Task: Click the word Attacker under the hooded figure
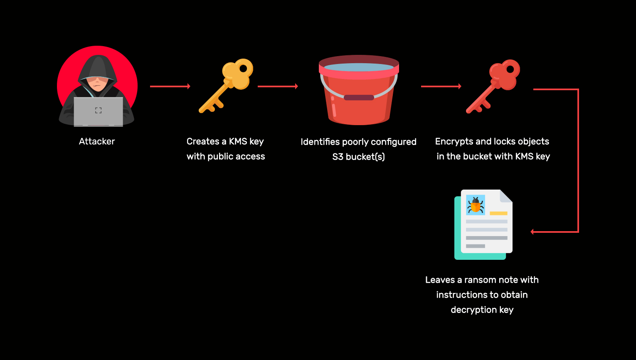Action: [x=97, y=141]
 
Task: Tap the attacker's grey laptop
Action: [x=99, y=111]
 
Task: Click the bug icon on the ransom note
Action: [x=476, y=205]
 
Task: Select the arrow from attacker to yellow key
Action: [x=170, y=86]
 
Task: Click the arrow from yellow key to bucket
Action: [x=278, y=86]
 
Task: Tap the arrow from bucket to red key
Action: [x=441, y=86]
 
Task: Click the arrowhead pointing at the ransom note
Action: [x=532, y=232]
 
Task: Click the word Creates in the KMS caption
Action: [x=203, y=141]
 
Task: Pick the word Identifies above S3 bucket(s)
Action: [x=320, y=142]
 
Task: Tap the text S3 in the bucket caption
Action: [x=338, y=157]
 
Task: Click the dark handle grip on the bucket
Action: [x=359, y=98]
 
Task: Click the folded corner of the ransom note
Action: [x=506, y=196]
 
